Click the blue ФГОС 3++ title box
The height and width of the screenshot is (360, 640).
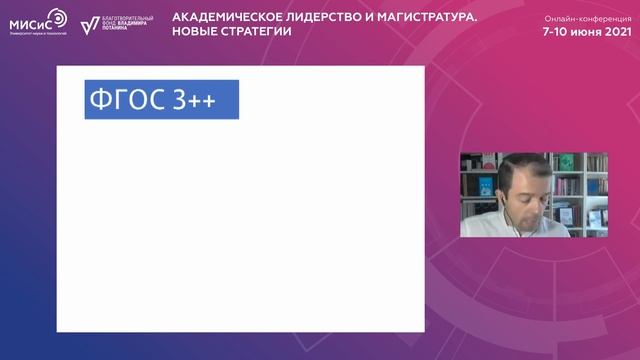[x=161, y=100]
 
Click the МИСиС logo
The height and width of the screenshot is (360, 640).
[x=39, y=23]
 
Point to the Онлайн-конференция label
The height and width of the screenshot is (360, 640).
[x=588, y=19]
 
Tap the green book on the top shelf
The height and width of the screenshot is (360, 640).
[x=566, y=162]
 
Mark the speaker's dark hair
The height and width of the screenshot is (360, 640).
[x=520, y=163]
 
